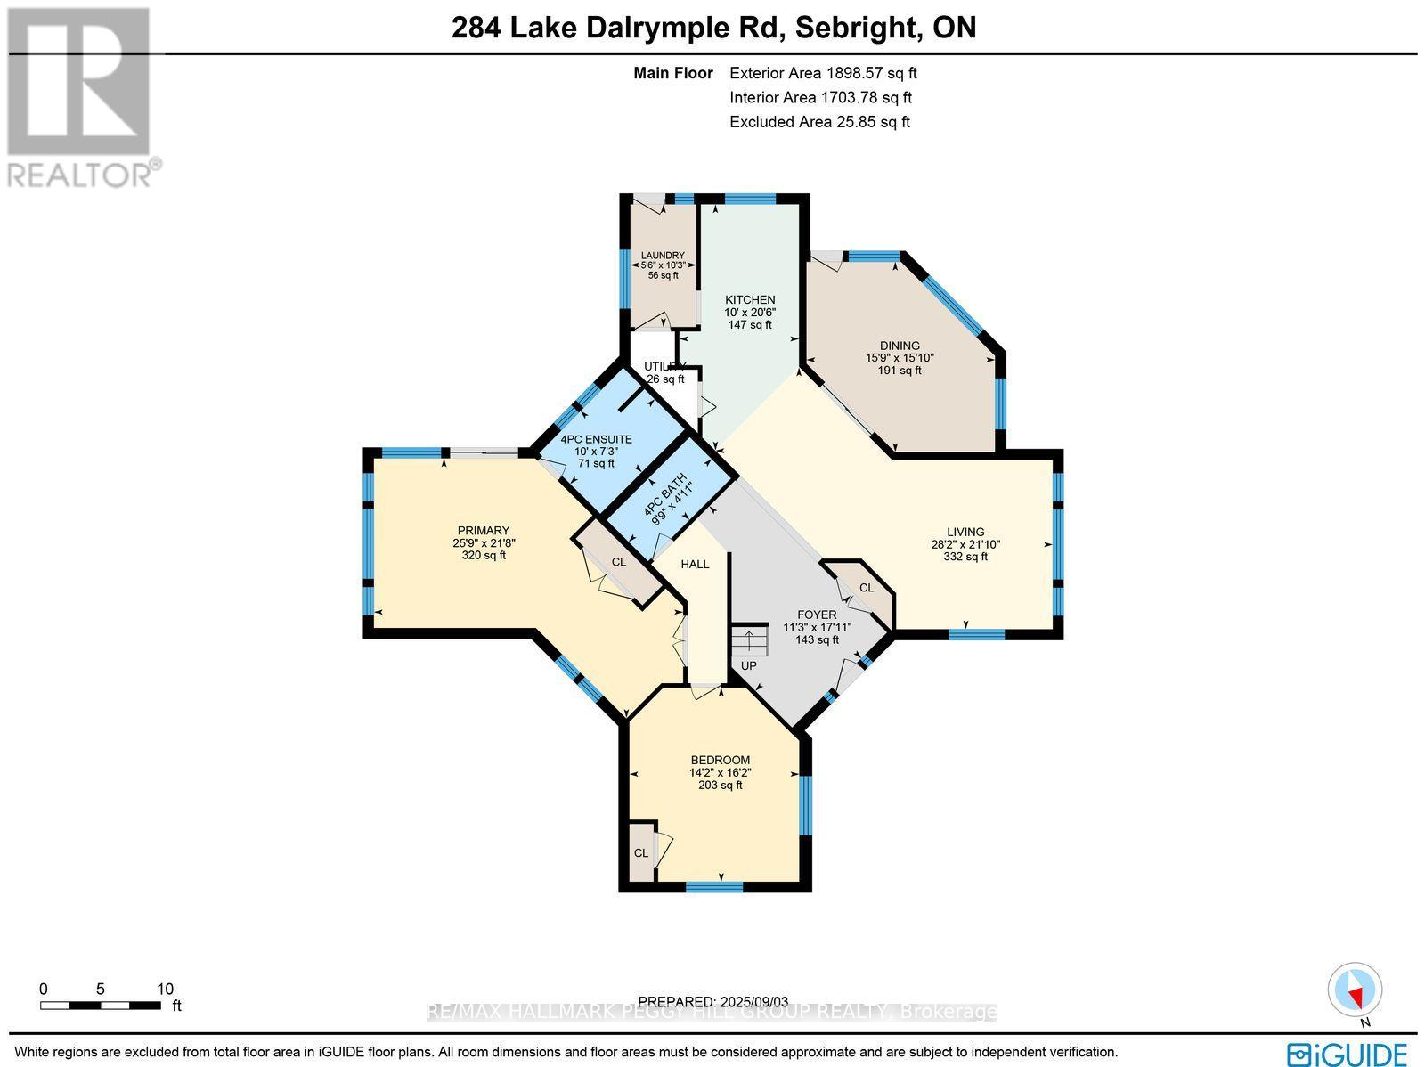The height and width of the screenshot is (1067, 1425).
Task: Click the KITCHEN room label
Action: coord(749,300)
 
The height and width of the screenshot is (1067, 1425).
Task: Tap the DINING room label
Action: coord(900,346)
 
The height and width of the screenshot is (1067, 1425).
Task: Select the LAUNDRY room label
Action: coord(663,256)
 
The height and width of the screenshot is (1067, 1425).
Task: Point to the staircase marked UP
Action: coord(749,641)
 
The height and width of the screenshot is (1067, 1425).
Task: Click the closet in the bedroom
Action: coord(641,851)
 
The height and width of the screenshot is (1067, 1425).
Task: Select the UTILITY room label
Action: coord(664,366)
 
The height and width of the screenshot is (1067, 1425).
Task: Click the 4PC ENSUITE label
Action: coord(596,439)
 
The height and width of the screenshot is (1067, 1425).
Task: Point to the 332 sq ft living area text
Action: coord(965,557)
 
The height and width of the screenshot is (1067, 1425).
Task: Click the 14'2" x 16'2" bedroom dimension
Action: coord(720,772)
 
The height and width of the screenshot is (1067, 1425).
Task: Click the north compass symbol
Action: coord(1356,990)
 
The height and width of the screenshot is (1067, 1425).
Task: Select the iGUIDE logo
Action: coord(1350,1052)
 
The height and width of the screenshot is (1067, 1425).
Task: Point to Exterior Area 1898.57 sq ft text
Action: coord(822,74)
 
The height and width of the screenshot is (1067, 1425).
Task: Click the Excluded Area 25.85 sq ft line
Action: coord(819,122)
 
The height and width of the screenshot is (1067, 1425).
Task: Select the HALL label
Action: coord(695,564)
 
